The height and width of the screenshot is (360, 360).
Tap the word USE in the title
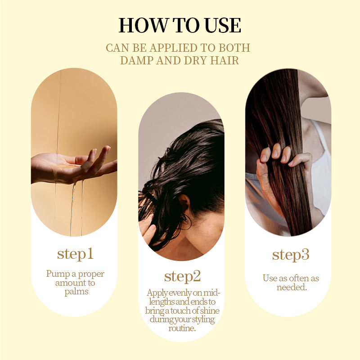tap(223, 25)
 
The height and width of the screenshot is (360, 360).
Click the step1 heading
tap(75, 254)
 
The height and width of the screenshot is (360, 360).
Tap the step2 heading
tap(183, 276)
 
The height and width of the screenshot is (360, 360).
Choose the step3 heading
tap(291, 255)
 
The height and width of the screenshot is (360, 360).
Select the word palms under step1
tap(76, 292)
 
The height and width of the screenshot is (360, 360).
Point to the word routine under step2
tap(182, 328)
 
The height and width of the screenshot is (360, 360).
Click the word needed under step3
tap(292, 287)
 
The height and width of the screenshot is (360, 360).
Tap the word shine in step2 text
tap(210, 310)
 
